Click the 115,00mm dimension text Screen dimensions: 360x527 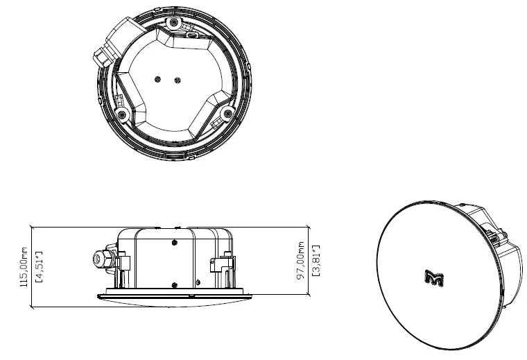point(24,268)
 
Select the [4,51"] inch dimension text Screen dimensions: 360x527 point(40,268)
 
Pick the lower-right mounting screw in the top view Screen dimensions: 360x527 point(227,113)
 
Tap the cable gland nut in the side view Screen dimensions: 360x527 point(98,259)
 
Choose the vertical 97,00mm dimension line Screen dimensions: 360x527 point(308,260)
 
